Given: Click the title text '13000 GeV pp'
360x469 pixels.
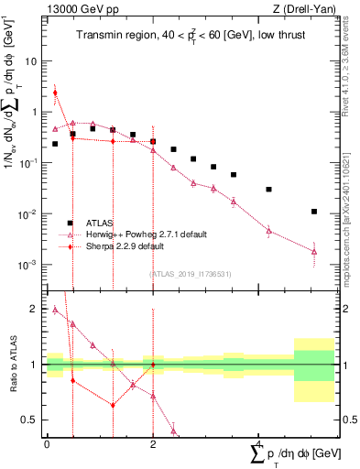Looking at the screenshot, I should click(x=77, y=10).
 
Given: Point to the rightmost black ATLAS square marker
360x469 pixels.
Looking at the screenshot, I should click(x=314, y=212).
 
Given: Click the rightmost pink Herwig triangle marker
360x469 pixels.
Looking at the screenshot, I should click(x=314, y=251).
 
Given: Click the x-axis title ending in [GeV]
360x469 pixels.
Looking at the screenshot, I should click(x=293, y=455).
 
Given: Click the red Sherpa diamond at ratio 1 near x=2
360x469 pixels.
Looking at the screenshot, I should click(x=153, y=365).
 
